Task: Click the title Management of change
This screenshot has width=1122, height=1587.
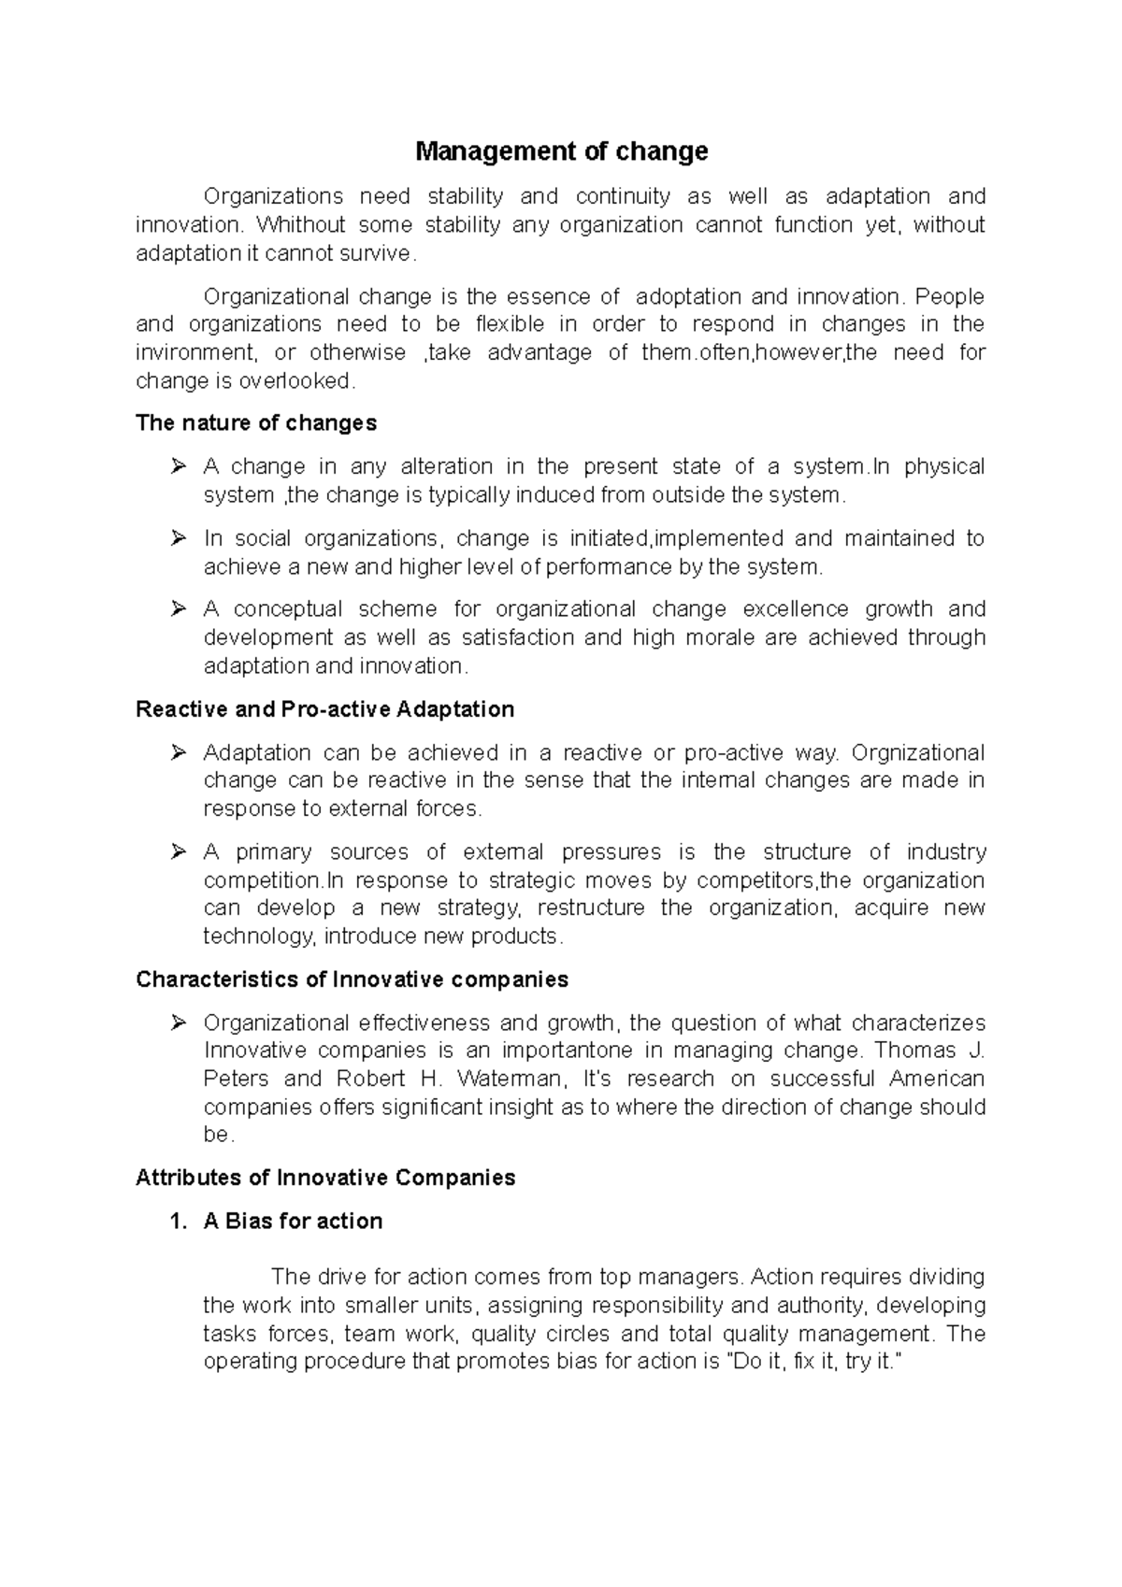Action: coord(561,151)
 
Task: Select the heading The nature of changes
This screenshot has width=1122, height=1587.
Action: coord(255,423)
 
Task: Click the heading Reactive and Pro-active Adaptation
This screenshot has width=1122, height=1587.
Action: coord(324,709)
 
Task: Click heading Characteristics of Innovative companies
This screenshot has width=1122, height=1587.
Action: coord(352,979)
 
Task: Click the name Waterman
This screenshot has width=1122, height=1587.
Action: coord(511,1079)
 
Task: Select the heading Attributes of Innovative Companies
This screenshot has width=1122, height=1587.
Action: coord(325,1178)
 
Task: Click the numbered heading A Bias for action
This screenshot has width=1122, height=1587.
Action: coord(293,1222)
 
